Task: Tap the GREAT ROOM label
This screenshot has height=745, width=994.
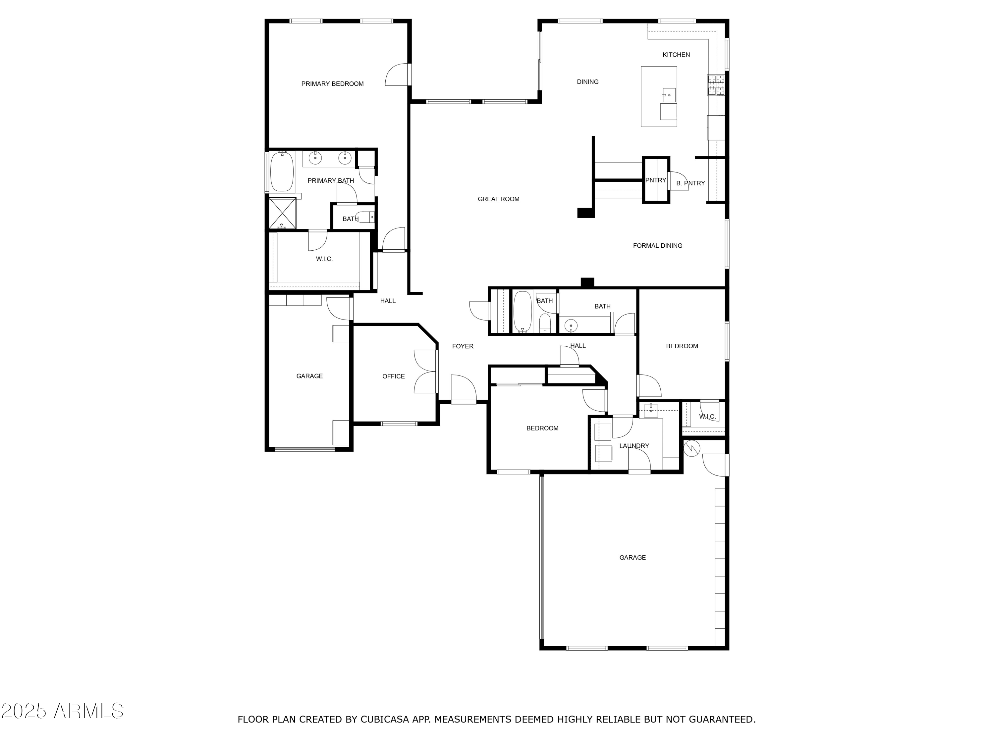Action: (x=498, y=199)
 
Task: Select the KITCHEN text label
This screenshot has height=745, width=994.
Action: (x=676, y=55)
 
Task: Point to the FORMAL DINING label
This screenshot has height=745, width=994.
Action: (x=657, y=246)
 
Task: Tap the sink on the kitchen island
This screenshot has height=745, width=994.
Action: (x=669, y=95)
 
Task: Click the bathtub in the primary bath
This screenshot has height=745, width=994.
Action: (x=282, y=172)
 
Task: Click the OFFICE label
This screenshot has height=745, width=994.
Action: (x=393, y=376)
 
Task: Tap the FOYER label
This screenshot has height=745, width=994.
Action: (x=463, y=346)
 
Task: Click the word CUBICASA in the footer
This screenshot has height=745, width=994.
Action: (x=385, y=720)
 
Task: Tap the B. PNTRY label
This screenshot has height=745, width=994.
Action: (x=690, y=183)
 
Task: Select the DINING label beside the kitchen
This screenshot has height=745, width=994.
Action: (x=587, y=82)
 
